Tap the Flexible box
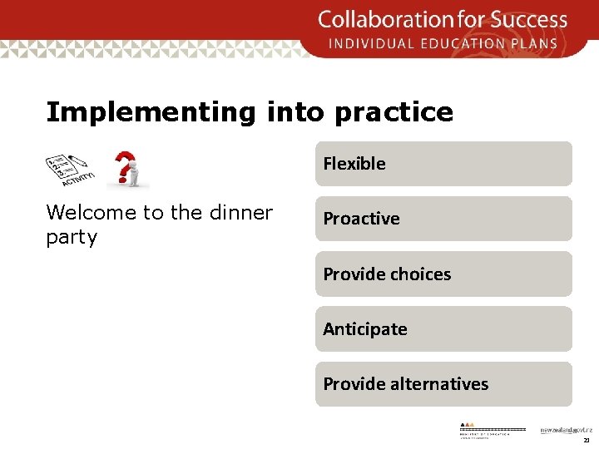[x=443, y=164]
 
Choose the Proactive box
[x=443, y=219]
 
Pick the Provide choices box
[x=443, y=274]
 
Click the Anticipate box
[x=443, y=329]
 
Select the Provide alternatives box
[x=443, y=384]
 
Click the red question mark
[x=124, y=164]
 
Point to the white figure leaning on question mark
[x=133, y=175]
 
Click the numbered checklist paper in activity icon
[x=62, y=166]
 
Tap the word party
[x=72, y=238]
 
